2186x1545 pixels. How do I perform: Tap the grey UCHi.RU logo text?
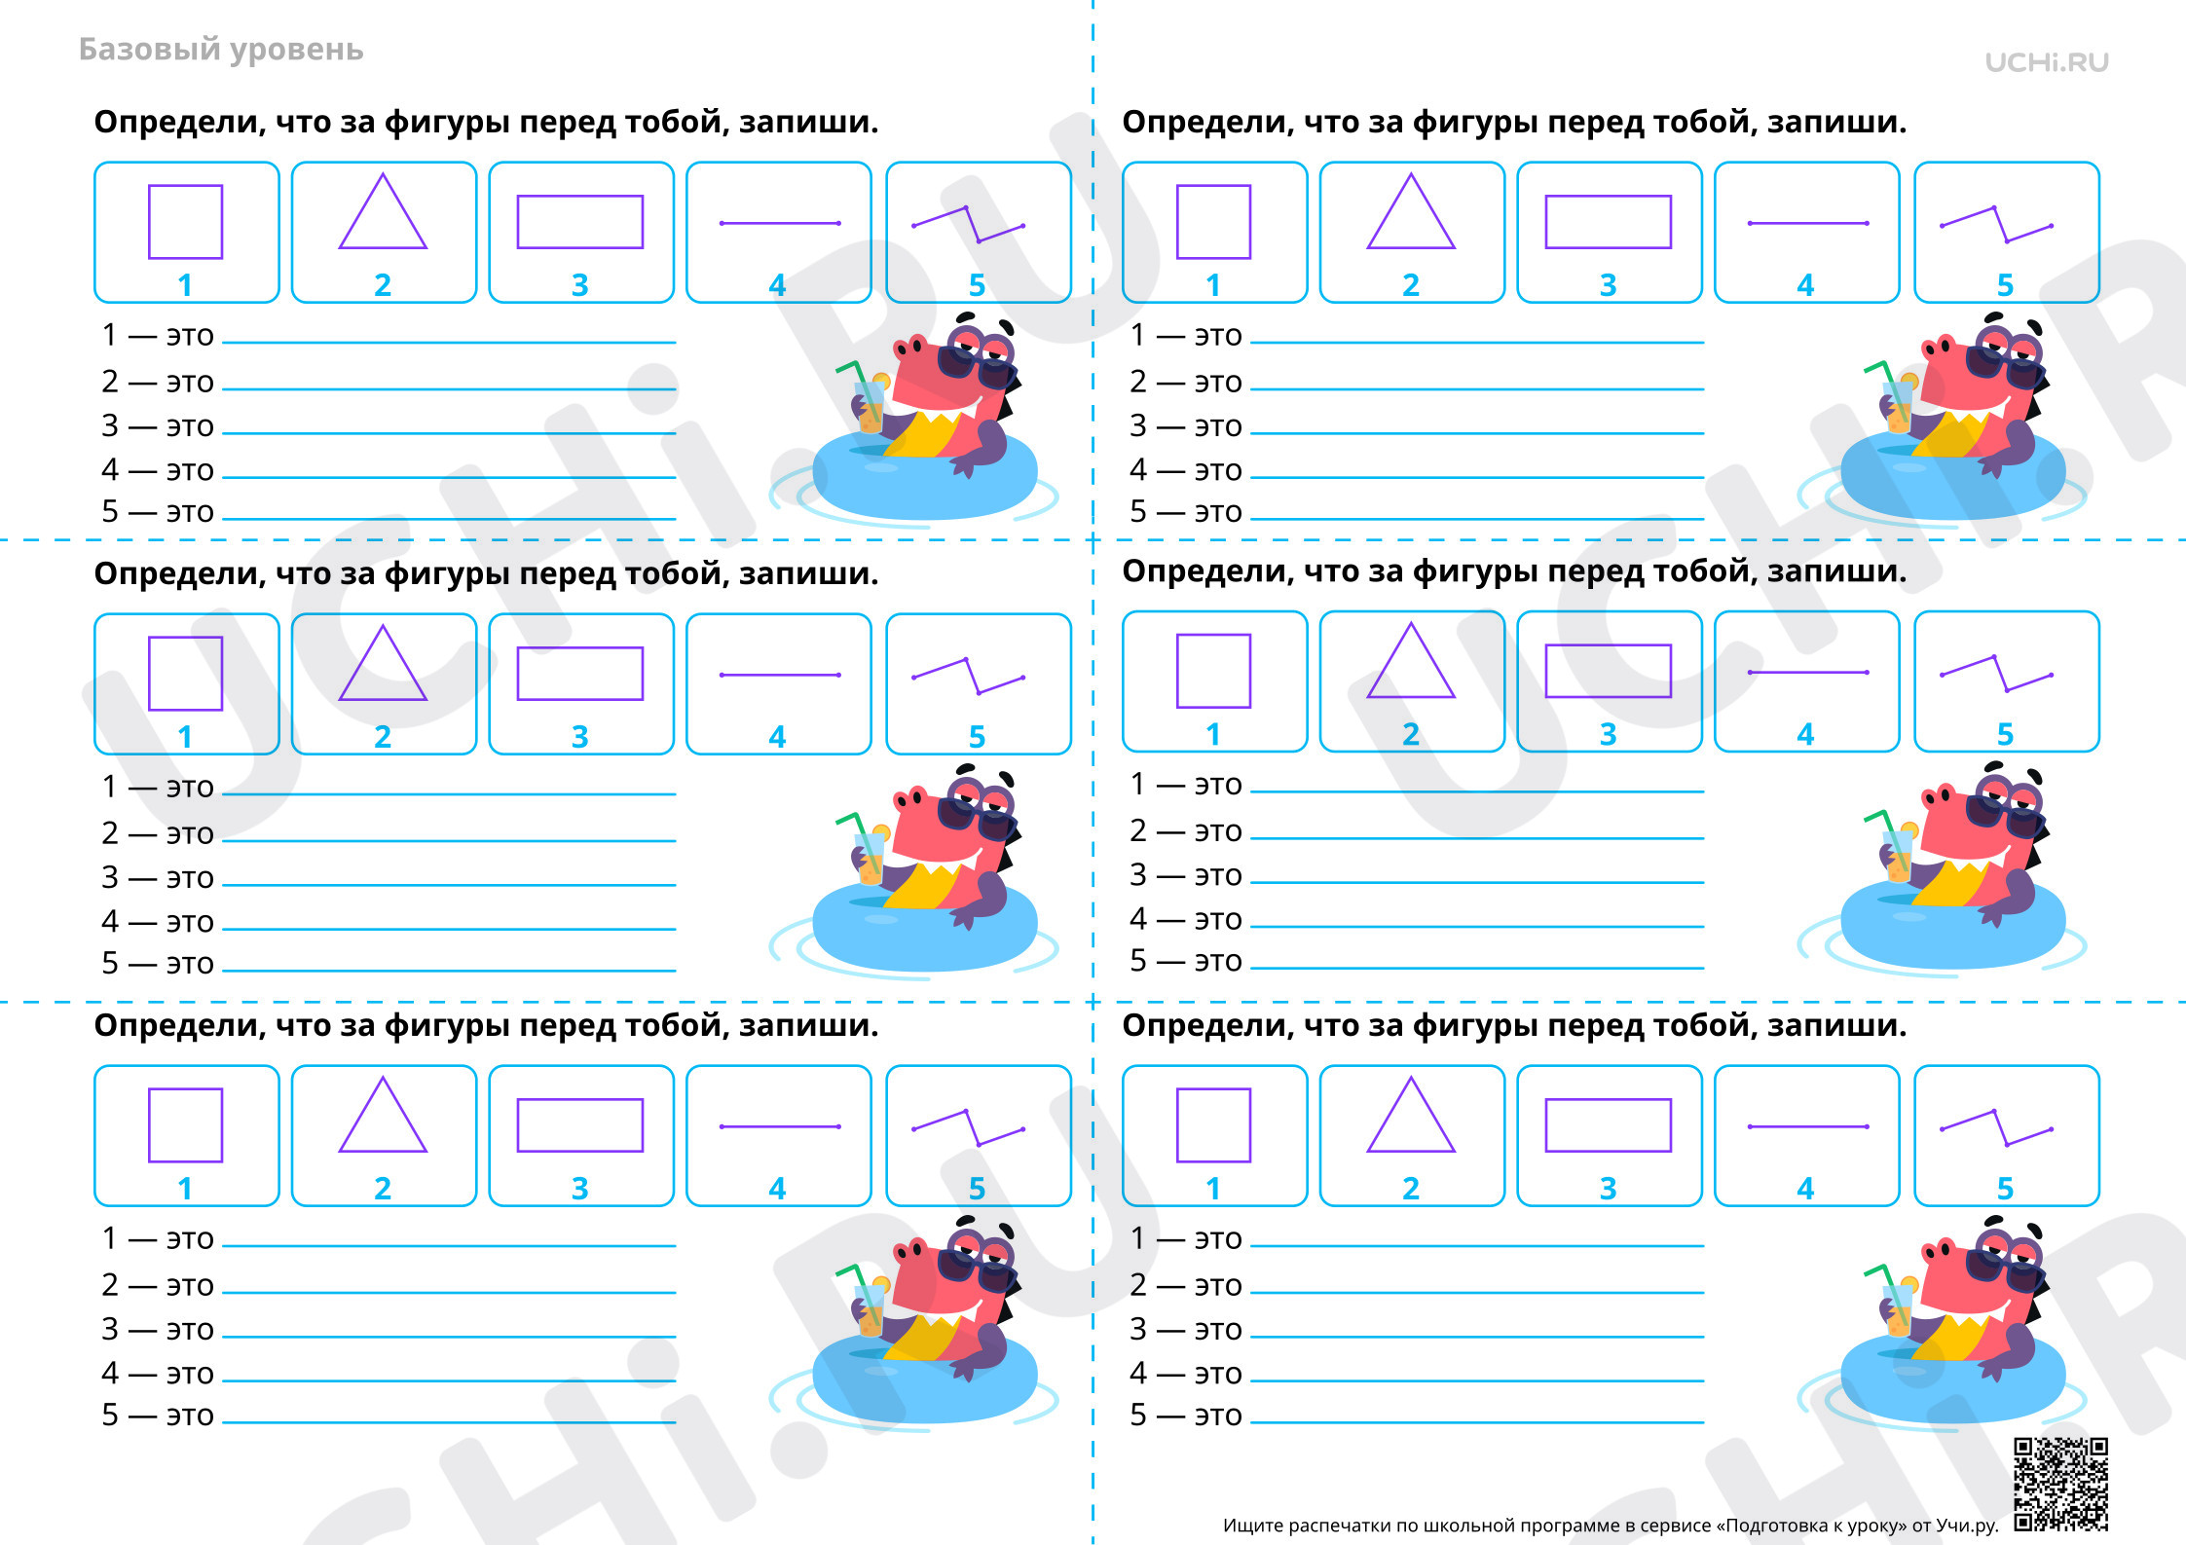pos(2047,62)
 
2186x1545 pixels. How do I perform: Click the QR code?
pos(2060,1483)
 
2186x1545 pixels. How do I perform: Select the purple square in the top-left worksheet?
pos(185,222)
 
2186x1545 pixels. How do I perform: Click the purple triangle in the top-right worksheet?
pos(1411,211)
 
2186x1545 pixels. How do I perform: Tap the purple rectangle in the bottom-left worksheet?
pos(580,1125)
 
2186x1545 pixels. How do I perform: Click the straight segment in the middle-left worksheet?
pos(780,675)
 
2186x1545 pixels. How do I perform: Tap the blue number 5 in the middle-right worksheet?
pos(2005,734)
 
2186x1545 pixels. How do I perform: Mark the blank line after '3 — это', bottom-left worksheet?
pos(449,1337)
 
